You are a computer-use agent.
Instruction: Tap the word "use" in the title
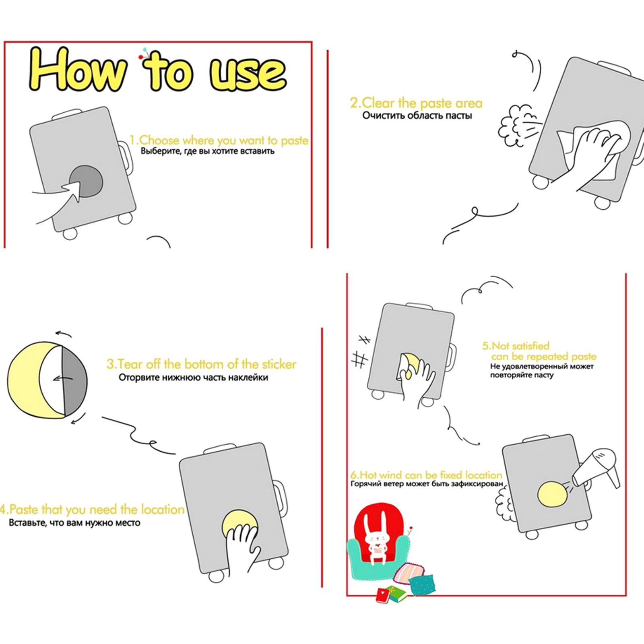248,73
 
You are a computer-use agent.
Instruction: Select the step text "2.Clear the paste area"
416,103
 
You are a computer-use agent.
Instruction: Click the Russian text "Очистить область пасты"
417,116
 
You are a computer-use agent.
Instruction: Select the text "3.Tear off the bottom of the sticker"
201,364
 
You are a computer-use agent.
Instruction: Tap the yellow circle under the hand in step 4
240,523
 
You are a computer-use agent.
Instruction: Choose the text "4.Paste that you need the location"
92,510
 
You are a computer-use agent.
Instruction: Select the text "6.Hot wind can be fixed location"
426,475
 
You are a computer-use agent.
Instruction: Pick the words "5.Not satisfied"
516,346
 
